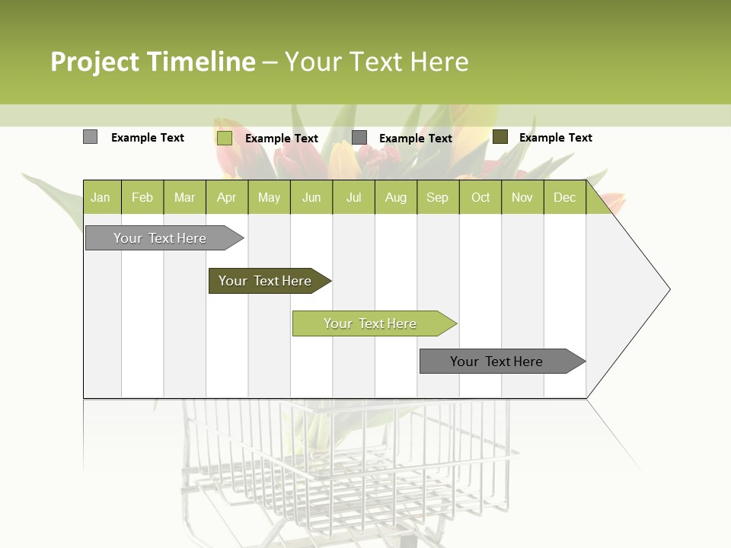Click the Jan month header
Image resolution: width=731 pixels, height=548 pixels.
101,198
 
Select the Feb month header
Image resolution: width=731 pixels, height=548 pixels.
142,198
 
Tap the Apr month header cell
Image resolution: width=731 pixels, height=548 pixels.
227,198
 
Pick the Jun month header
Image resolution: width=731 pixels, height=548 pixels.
311,198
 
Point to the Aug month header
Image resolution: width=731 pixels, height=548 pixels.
396,198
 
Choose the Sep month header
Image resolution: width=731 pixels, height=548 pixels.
438,198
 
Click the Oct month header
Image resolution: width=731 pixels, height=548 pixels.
480,198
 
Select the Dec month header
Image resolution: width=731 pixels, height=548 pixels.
565,198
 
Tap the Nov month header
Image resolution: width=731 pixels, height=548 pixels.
522,198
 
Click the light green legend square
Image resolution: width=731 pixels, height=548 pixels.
225,138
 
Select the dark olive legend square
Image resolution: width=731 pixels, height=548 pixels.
500,137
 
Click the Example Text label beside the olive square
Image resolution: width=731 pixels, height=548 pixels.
555,138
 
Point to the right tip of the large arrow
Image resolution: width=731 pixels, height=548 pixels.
669,289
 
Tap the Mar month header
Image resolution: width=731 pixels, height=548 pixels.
184,198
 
